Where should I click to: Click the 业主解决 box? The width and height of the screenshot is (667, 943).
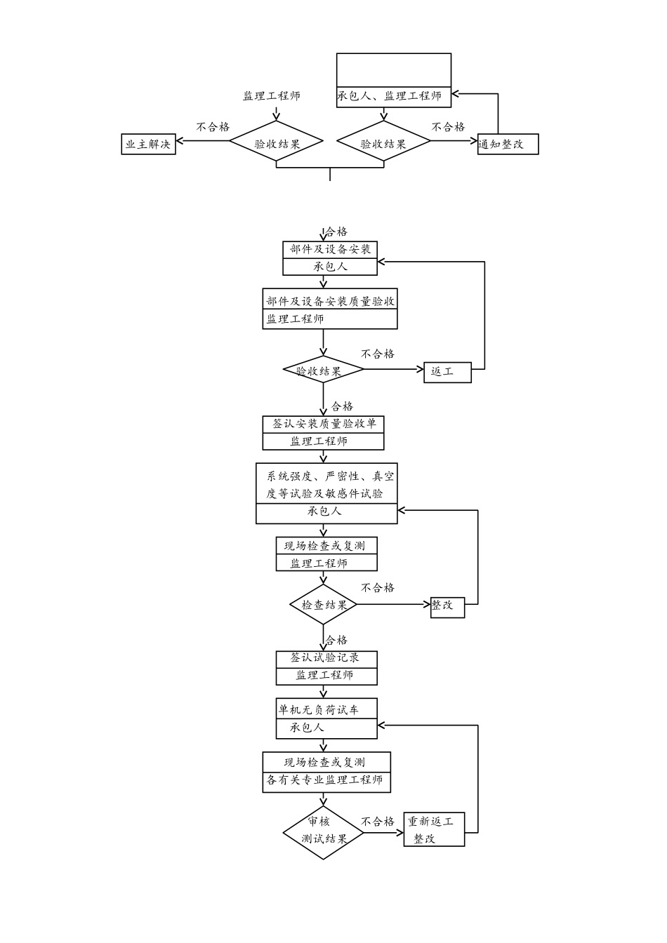click(148, 145)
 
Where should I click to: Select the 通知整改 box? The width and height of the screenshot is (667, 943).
click(508, 145)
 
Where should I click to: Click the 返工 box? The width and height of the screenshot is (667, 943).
click(447, 372)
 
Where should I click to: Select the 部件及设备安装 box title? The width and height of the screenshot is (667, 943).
click(330, 250)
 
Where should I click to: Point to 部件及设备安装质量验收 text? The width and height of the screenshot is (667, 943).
click(330, 301)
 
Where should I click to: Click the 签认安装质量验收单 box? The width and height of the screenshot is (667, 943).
click(324, 424)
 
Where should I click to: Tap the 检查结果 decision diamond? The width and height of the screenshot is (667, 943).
click(324, 605)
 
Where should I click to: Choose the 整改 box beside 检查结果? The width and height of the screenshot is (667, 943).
click(447, 605)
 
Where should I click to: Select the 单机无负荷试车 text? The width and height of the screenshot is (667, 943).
click(319, 710)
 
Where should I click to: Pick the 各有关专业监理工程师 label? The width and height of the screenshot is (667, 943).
click(325, 780)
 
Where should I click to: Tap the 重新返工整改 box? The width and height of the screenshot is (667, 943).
click(434, 829)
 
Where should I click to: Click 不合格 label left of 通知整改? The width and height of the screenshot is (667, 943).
click(448, 127)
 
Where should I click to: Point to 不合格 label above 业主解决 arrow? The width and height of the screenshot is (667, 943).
click(213, 127)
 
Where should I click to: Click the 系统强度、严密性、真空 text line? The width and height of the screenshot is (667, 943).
click(330, 476)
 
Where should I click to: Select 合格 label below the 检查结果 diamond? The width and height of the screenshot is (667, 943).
click(337, 640)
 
